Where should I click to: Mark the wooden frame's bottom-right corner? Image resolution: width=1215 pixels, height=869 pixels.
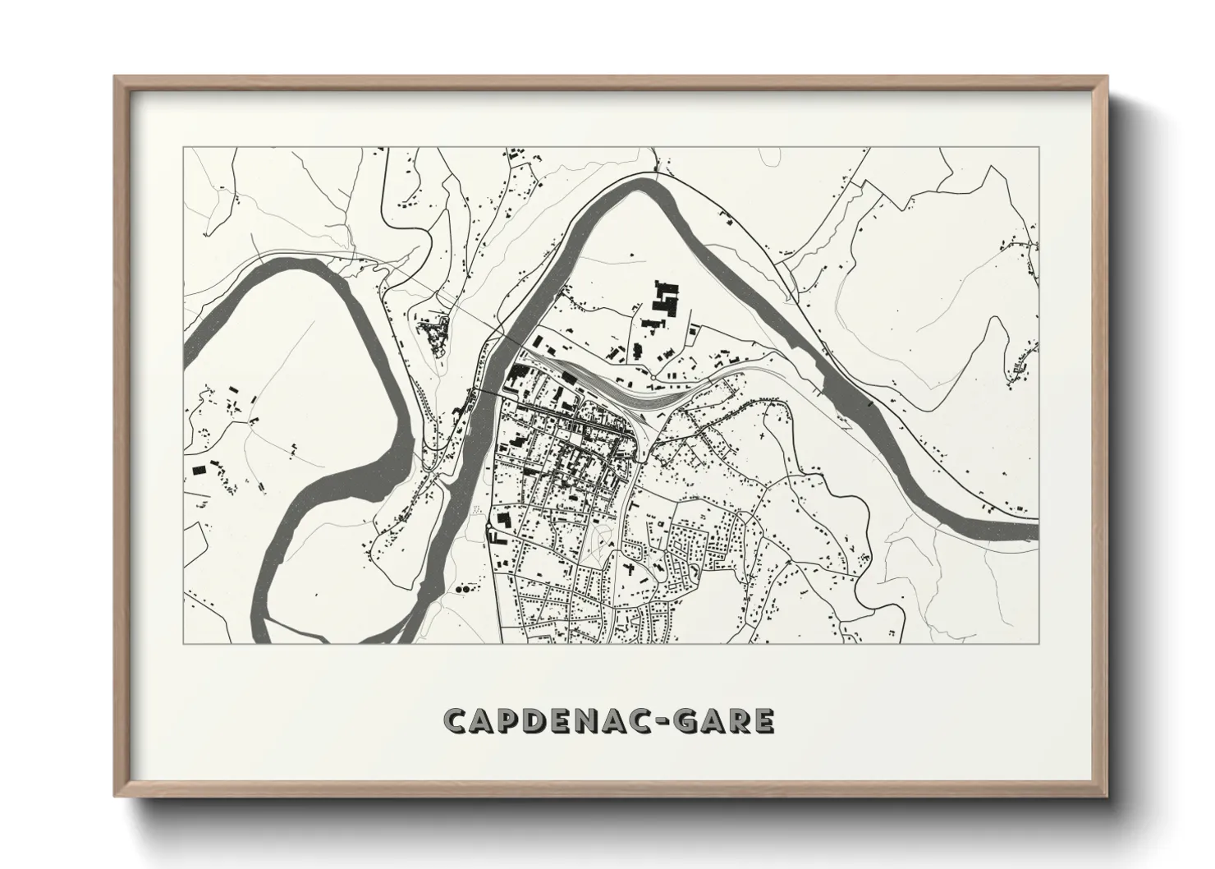(x=1107, y=798)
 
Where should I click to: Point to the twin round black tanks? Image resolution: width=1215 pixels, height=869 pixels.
(x=462, y=589)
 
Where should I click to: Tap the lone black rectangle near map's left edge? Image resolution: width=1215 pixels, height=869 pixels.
(x=198, y=469)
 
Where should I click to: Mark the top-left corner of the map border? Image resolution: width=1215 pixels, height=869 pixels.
(x=183, y=148)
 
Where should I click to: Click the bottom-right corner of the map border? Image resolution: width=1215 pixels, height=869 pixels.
(x=1038, y=644)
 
